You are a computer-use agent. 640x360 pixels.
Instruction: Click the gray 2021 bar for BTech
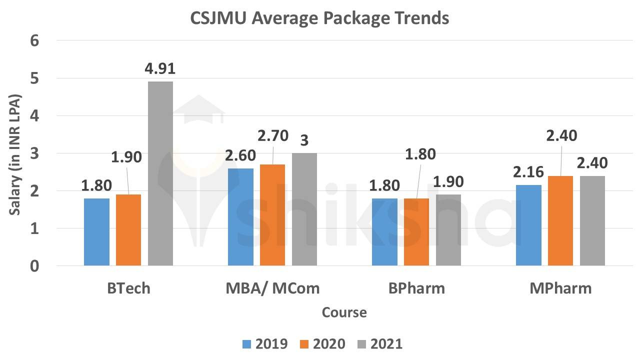coord(160,173)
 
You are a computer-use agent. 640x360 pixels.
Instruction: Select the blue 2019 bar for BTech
coord(96,231)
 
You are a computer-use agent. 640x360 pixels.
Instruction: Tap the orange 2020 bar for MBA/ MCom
coord(272,214)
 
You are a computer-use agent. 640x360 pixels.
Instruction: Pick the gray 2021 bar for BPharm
coord(448,229)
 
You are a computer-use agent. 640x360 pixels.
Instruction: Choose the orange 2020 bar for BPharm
coord(416,231)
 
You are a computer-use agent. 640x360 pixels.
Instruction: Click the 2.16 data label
coord(528,172)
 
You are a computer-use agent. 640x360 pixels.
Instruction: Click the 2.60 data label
coord(241,156)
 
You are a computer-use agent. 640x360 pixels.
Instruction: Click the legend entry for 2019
coord(264,344)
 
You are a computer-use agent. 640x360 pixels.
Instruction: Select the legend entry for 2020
coord(322,344)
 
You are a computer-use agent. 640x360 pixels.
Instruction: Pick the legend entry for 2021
coord(379,344)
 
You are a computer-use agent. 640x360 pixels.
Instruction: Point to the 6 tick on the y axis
coord(34,40)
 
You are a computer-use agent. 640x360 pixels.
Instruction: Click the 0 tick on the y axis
coord(34,266)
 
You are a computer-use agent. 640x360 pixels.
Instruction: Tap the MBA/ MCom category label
coord(272,288)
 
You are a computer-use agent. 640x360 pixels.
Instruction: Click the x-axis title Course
coord(344,312)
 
